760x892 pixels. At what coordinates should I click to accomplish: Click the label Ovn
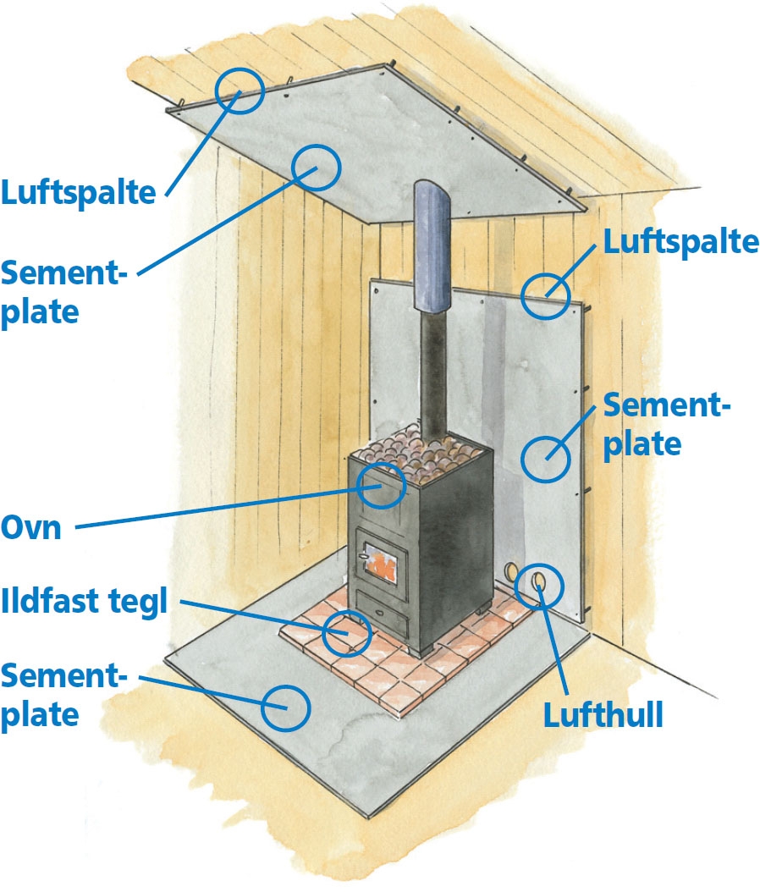pos(31,528)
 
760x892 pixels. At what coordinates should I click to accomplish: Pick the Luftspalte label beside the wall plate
pos(680,242)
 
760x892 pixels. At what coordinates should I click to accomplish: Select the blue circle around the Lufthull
pos(540,584)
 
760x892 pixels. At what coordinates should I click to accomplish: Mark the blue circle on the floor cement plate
pos(284,707)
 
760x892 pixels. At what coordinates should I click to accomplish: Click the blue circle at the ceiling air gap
pos(237,91)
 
